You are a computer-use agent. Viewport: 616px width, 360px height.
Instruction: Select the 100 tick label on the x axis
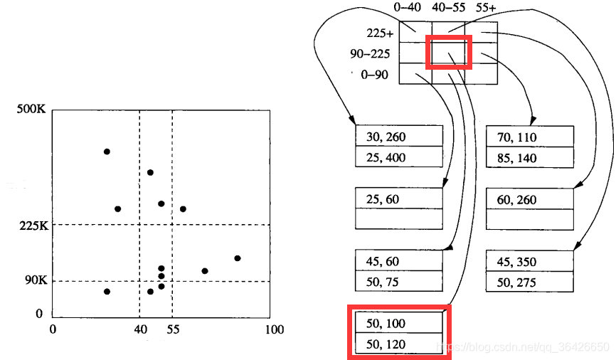[x=274, y=329]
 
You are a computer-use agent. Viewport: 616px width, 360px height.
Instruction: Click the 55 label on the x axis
[x=173, y=329]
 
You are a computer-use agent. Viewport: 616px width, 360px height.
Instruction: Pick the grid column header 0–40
[x=408, y=9]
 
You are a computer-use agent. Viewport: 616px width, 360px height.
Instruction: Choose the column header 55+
[x=487, y=9]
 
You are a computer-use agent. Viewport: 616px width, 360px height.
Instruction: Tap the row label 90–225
[x=369, y=53]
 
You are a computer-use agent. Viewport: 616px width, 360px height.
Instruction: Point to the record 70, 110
[x=517, y=137]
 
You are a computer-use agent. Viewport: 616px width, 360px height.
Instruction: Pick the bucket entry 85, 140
[x=517, y=157]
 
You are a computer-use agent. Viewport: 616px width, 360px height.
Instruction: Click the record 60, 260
[x=517, y=199]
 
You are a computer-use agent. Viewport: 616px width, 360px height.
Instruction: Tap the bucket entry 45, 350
[x=517, y=262]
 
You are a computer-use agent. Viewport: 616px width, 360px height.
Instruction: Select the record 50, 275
[x=517, y=282]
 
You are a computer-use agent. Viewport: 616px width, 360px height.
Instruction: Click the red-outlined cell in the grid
[x=448, y=53]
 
